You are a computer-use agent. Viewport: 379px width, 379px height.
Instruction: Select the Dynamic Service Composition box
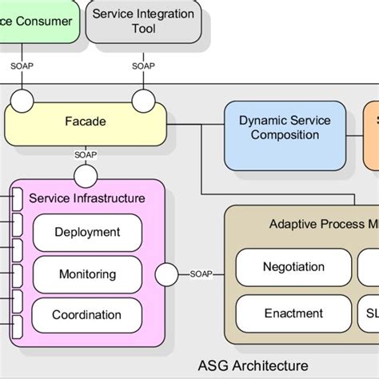[273, 127]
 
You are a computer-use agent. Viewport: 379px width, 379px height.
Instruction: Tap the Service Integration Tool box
[143, 21]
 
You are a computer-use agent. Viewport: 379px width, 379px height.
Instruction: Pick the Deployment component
[87, 232]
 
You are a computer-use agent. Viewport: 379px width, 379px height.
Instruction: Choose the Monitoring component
[87, 274]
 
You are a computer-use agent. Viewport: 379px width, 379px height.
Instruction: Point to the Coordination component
[87, 315]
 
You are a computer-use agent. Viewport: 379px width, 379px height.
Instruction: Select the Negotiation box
[293, 267]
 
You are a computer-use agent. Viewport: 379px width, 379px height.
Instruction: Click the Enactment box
[293, 313]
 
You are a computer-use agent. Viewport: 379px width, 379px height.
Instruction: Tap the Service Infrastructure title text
[87, 197]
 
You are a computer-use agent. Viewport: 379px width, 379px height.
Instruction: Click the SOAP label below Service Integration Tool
[144, 66]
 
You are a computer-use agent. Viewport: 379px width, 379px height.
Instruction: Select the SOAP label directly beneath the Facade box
[86, 155]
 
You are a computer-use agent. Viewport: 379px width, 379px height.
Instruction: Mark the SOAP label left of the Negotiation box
[201, 273]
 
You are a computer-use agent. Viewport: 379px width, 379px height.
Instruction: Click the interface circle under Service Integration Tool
[144, 102]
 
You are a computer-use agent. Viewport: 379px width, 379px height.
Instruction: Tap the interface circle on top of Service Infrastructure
[86, 174]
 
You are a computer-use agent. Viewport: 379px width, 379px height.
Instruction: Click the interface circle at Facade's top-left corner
[22, 102]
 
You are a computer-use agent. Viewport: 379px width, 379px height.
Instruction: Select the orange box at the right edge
[372, 135]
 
